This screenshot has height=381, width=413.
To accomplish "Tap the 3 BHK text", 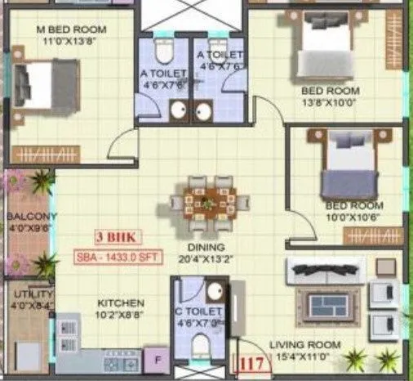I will point(116,238).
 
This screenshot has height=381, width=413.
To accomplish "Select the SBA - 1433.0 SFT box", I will point(116,254).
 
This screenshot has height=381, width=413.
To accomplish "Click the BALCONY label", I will point(31,217).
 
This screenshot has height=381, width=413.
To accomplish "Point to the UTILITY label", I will point(30,293).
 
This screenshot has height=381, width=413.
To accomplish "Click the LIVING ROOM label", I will point(305,344).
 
